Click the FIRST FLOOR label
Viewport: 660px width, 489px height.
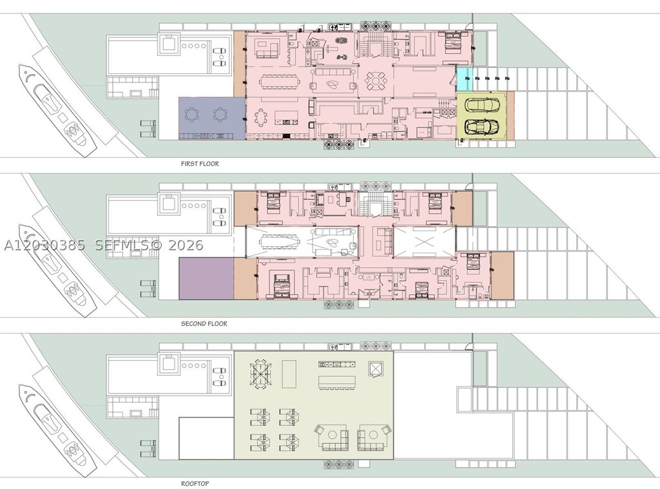point(200,164)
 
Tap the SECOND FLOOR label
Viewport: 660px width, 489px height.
point(204,323)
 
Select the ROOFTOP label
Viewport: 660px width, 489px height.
point(195,484)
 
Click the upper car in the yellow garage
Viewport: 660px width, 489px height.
point(483,105)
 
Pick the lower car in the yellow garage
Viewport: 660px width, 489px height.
point(483,126)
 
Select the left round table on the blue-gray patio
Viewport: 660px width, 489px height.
point(193,114)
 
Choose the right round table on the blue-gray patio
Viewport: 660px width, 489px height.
point(220,114)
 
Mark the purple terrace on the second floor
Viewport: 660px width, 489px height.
point(206,278)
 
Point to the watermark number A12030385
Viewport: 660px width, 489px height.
point(44,245)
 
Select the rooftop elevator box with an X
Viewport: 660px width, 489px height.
point(374,369)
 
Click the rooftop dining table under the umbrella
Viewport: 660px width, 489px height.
point(261,376)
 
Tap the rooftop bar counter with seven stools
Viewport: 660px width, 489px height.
point(337,383)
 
